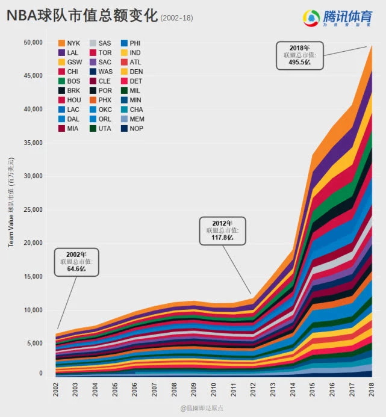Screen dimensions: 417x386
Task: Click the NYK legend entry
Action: (69, 43)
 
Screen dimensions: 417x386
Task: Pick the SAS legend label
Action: (104, 43)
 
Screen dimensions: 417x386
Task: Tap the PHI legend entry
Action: (135, 43)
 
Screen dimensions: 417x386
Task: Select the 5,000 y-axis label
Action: (34, 343)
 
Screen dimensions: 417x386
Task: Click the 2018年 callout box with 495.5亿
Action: (299, 55)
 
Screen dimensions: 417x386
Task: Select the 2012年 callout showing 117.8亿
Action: (222, 230)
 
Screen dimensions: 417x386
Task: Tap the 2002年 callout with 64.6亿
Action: (76, 262)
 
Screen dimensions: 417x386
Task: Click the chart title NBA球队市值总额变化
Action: (82, 16)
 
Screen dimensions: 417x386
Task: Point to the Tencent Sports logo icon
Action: (311, 19)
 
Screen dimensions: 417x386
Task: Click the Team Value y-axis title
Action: (11, 202)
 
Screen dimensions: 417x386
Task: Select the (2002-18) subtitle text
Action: (176, 19)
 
